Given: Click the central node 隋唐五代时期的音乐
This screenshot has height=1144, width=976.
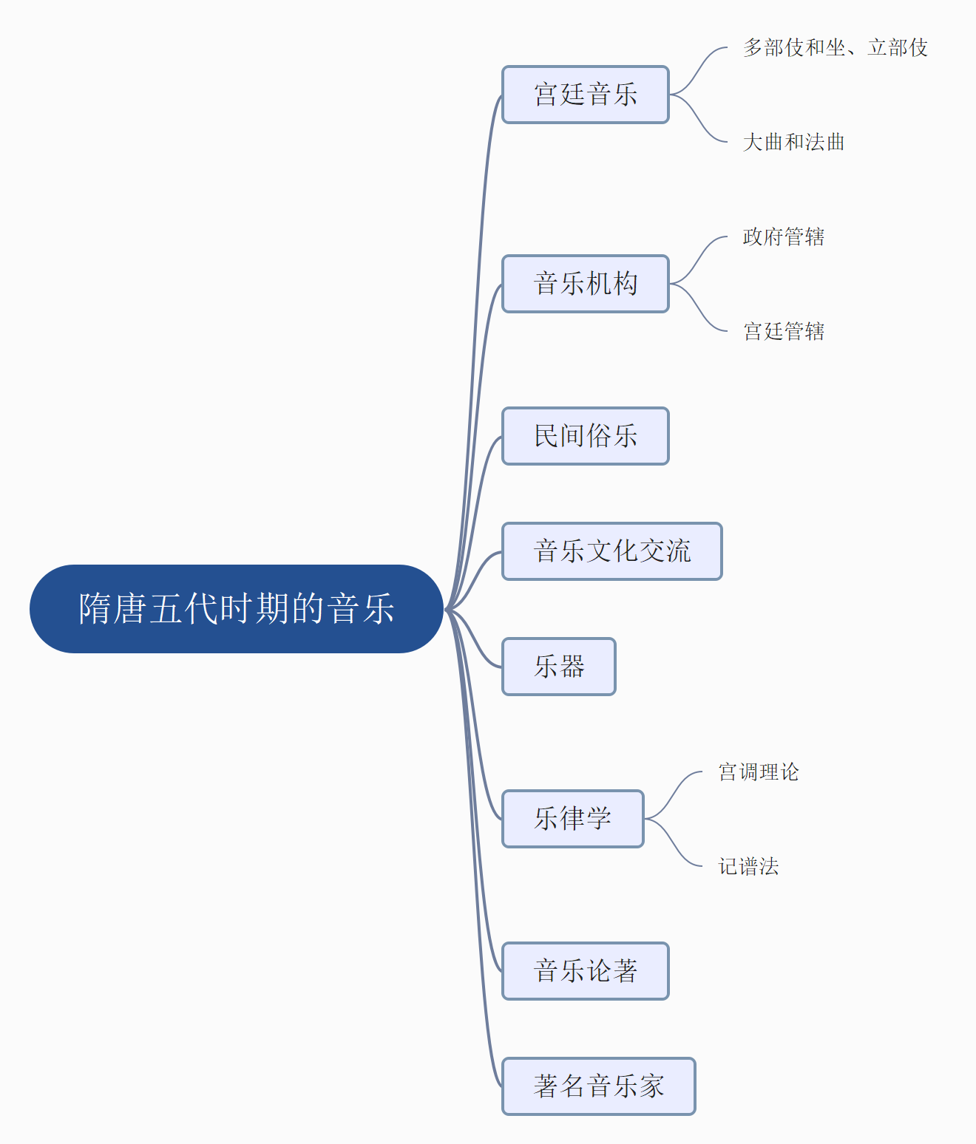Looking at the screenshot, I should point(237,609).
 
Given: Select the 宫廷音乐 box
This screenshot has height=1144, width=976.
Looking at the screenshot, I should point(586,95).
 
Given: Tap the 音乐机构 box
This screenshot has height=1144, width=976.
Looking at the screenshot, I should point(586,284).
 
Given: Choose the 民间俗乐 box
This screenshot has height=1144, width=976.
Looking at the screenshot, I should point(586,436).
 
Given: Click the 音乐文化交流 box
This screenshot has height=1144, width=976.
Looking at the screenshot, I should point(612,551).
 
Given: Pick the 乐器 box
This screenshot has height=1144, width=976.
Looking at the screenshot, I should point(559,667).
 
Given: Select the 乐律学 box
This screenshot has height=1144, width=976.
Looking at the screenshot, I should point(573,819).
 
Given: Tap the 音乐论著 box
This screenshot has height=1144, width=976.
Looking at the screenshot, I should point(586,971).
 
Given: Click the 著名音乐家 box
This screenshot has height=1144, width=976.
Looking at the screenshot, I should point(599,1086).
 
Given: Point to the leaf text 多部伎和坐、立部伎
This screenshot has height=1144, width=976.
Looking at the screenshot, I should point(836,48).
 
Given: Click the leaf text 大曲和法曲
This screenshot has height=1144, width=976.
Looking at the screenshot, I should point(793,142).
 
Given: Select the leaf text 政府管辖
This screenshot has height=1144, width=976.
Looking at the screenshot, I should point(784,237).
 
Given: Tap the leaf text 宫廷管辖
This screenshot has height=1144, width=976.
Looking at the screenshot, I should point(784,331).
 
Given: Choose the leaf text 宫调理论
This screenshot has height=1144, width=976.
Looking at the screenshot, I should point(759,772).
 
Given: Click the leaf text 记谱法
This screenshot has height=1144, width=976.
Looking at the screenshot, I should point(748,866).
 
